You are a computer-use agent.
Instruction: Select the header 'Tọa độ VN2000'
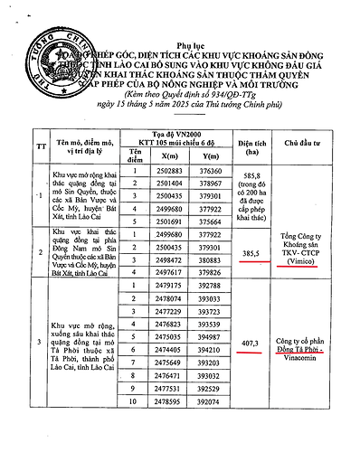click(x=183, y=107)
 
